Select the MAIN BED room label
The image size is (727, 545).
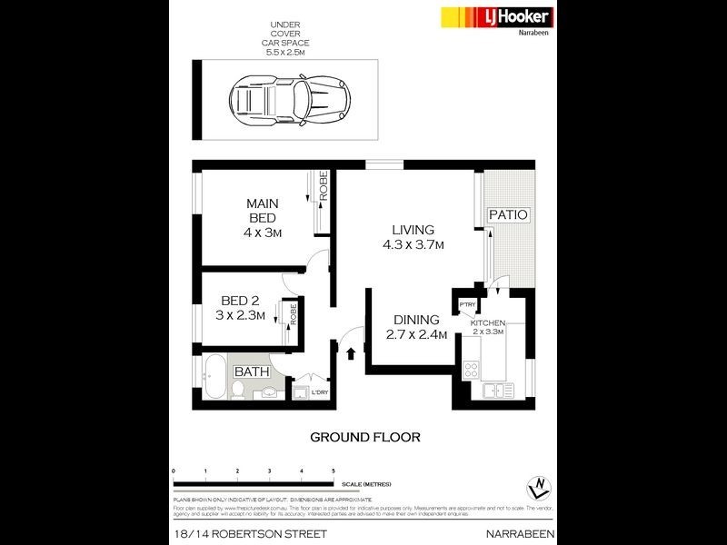[x=263, y=218]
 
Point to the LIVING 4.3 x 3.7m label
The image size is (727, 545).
[x=413, y=237]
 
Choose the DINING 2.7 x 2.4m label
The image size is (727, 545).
[x=416, y=327]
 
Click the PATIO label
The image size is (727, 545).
[x=508, y=214]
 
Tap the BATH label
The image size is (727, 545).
[x=251, y=372]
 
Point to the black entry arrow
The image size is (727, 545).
[x=352, y=350]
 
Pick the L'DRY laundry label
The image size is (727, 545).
[x=319, y=392]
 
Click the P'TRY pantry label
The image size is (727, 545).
[x=468, y=304]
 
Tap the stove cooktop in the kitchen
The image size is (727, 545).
[x=473, y=370]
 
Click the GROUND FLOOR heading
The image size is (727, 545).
[x=365, y=437]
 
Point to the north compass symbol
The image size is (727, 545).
[x=542, y=485]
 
